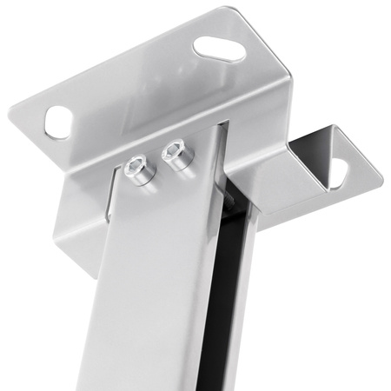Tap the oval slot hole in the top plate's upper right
[217, 48]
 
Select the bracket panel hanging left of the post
[83, 209]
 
